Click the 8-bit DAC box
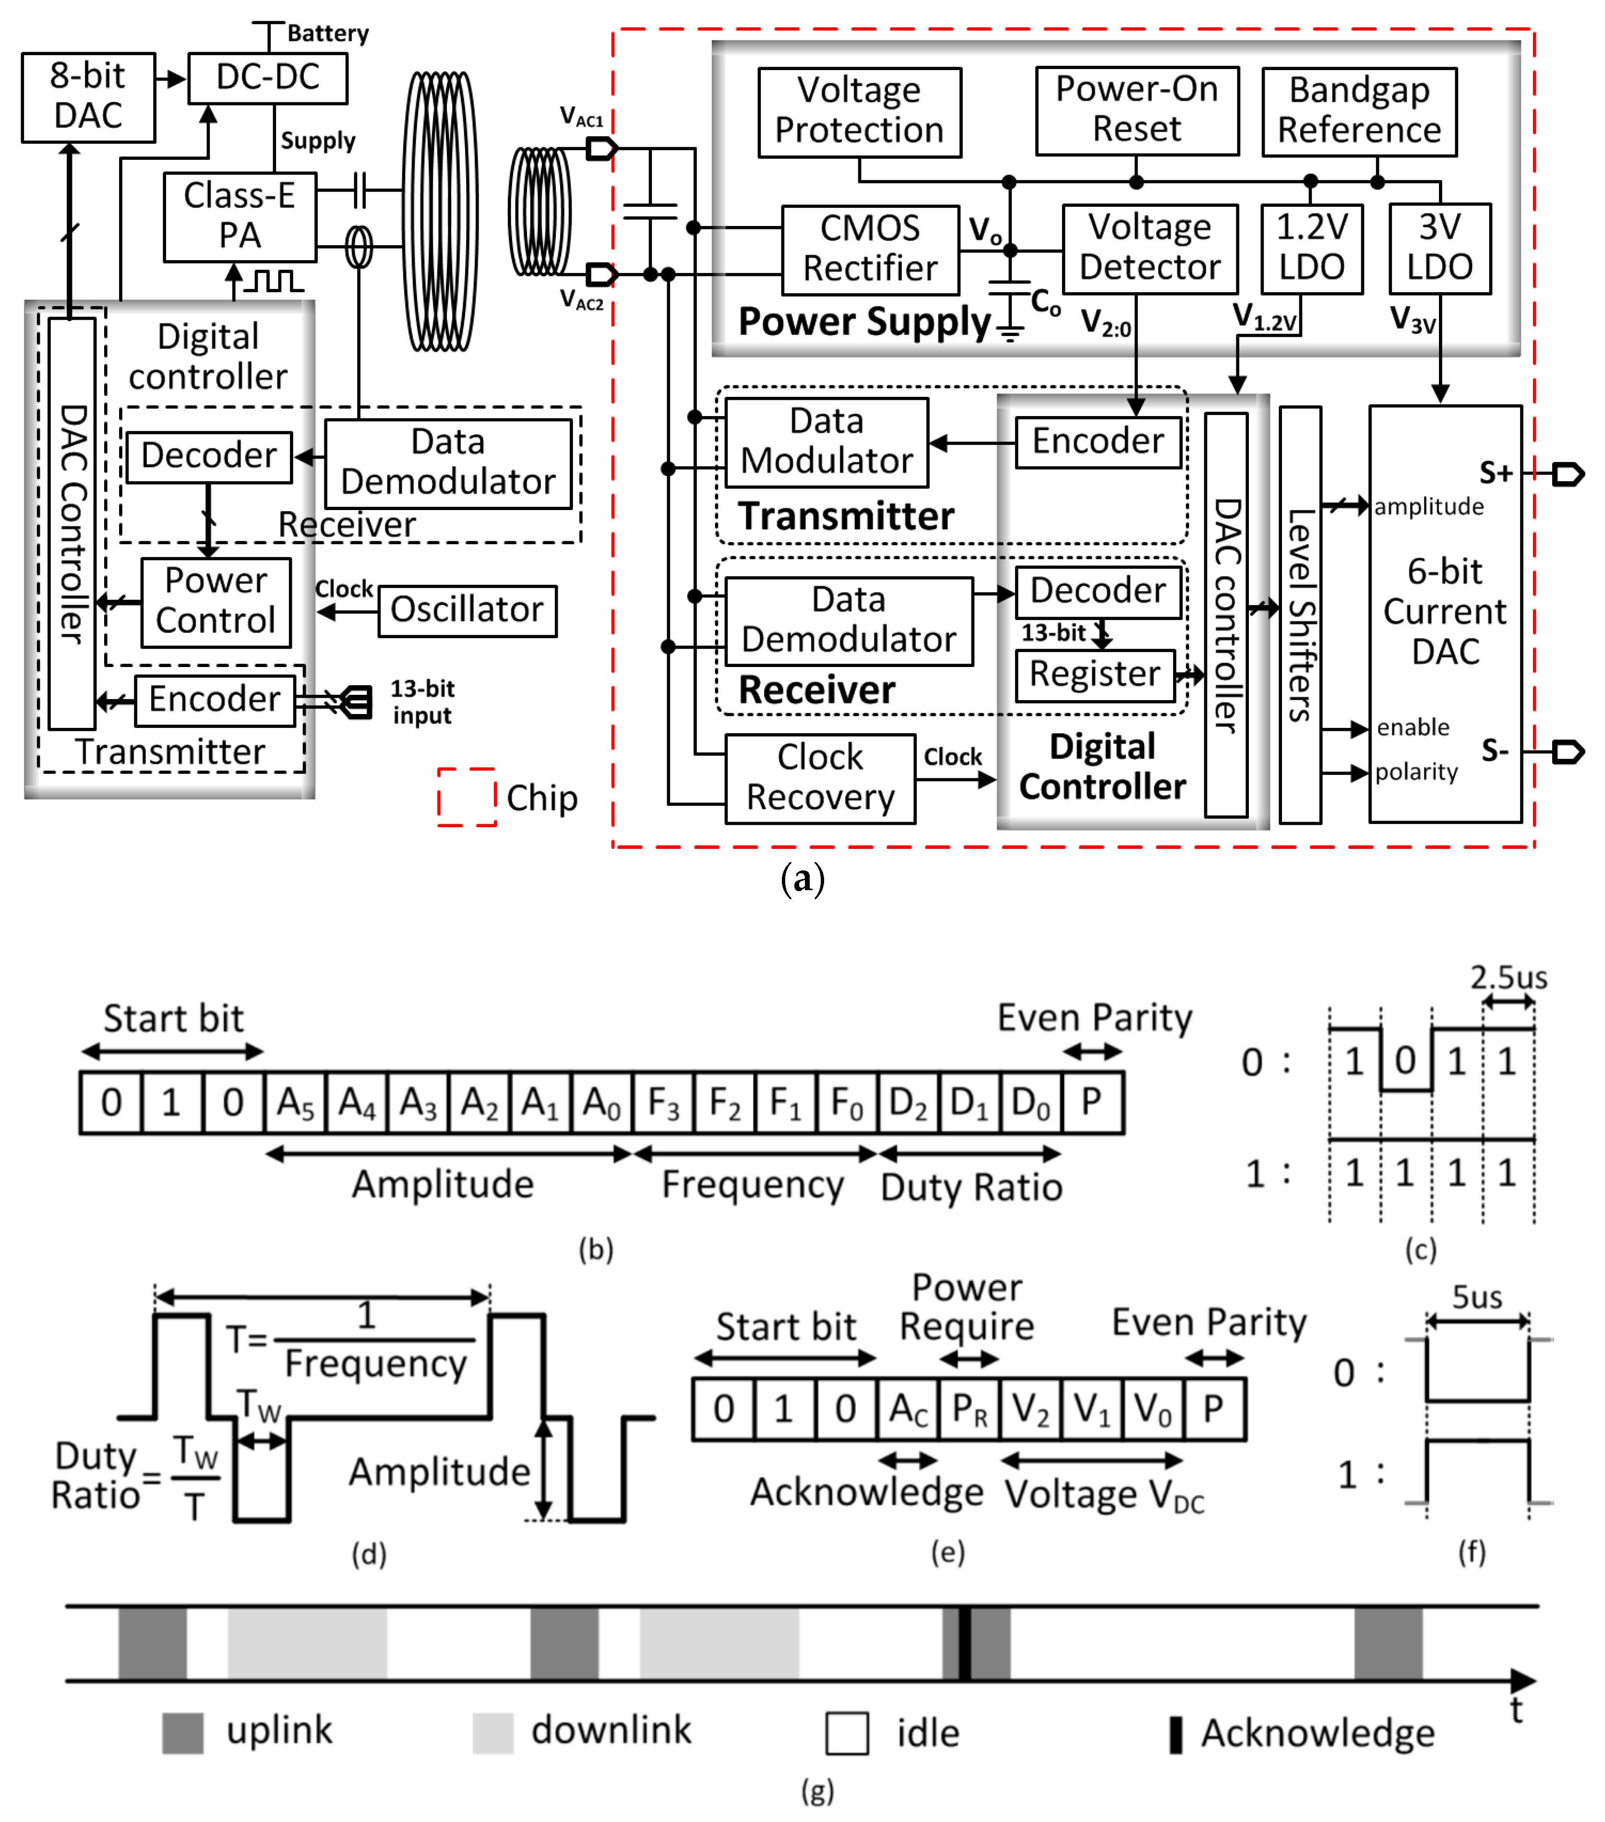(87, 96)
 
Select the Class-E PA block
(239, 216)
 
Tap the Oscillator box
(467, 610)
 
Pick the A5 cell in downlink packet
(295, 1103)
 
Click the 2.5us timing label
(1508, 978)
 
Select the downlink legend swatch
(492, 1732)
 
